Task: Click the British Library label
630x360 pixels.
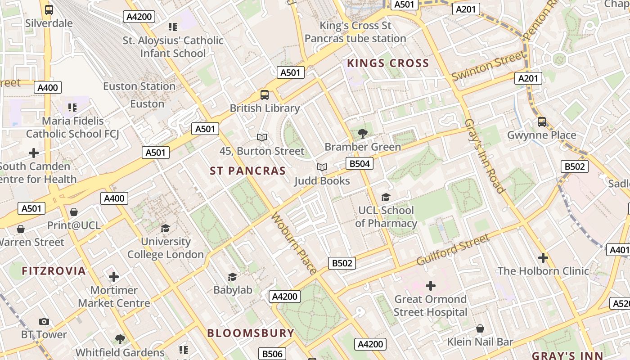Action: click(x=265, y=108)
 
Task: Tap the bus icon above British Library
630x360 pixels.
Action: click(x=265, y=95)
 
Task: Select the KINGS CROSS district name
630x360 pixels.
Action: click(x=388, y=63)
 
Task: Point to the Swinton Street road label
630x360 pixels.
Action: click(x=488, y=66)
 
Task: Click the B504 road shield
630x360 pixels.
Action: click(x=360, y=163)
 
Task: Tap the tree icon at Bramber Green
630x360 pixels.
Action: click(x=362, y=133)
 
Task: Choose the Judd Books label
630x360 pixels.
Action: click(x=322, y=181)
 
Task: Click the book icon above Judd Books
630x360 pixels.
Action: click(x=322, y=167)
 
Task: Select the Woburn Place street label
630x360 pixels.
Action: click(x=294, y=243)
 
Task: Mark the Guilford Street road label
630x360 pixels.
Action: click(x=452, y=250)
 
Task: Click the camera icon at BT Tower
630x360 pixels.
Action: click(x=44, y=321)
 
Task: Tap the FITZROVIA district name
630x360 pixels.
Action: click(x=54, y=271)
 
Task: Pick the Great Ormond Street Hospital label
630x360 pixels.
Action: click(x=431, y=306)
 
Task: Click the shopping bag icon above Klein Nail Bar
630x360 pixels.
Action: click(x=480, y=328)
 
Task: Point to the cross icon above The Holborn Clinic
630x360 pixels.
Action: click(x=543, y=258)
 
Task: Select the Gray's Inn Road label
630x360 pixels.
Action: click(x=484, y=156)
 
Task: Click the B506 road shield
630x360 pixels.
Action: click(x=272, y=354)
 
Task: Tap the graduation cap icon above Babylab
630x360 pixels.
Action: click(x=233, y=277)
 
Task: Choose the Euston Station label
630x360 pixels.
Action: click(x=139, y=86)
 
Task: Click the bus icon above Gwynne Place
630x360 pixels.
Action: click(x=542, y=121)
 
